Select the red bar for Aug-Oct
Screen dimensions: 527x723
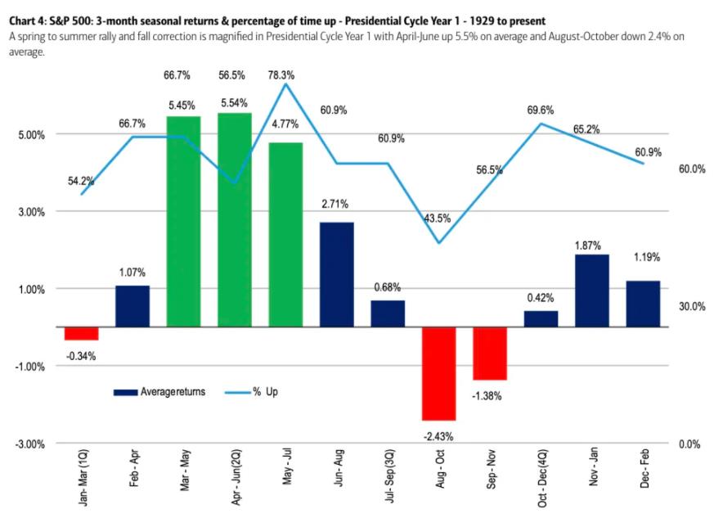tap(439, 373)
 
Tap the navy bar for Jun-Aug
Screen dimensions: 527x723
tap(337, 274)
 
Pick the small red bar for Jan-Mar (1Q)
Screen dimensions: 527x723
tap(82, 333)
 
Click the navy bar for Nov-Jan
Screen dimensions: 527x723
tap(592, 291)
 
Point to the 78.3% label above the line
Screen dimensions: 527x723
tap(285, 74)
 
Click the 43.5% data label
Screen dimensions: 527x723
tap(439, 218)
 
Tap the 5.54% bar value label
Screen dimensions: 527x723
tap(235, 103)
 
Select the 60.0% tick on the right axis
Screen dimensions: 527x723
tap(692, 169)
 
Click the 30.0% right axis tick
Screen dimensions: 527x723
tap(692, 306)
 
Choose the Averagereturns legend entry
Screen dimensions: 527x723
tap(161, 392)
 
